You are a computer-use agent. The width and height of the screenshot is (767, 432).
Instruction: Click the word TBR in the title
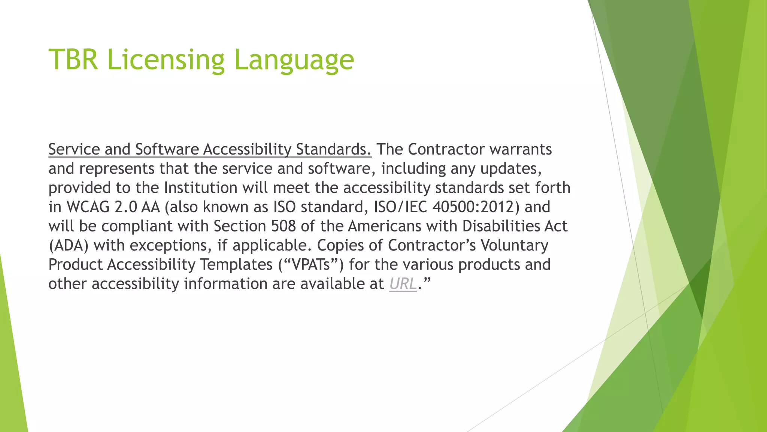tap(73, 59)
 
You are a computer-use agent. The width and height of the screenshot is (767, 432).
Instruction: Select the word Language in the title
tap(294, 60)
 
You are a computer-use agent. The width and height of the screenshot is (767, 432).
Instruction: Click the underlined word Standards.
tap(334, 149)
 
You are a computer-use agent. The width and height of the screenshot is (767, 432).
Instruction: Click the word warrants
tap(521, 149)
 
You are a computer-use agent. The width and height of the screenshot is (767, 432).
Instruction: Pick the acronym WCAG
tap(88, 207)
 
